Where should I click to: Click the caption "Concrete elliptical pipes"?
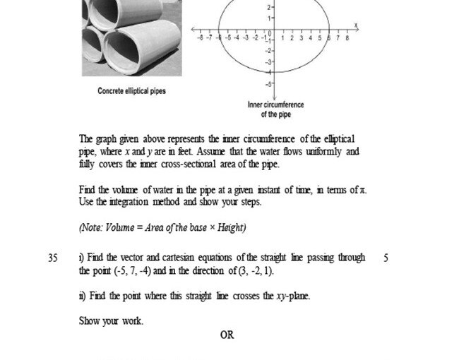coord(131,91)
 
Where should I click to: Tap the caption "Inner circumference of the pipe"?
coord(275,109)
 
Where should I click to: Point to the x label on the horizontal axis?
coord(357,25)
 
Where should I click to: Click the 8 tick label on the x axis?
coord(347,37)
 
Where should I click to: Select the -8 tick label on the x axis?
coord(201,37)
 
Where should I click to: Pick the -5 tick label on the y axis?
coord(268,84)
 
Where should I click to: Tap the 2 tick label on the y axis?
coord(269,7)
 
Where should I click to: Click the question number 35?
coord(53,258)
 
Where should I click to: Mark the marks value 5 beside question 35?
coord(386,258)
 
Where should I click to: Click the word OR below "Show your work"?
coord(227,335)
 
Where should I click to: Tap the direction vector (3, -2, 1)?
coord(251,271)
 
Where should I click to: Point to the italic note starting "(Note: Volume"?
coord(162,227)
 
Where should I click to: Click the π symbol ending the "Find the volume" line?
coord(363,190)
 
